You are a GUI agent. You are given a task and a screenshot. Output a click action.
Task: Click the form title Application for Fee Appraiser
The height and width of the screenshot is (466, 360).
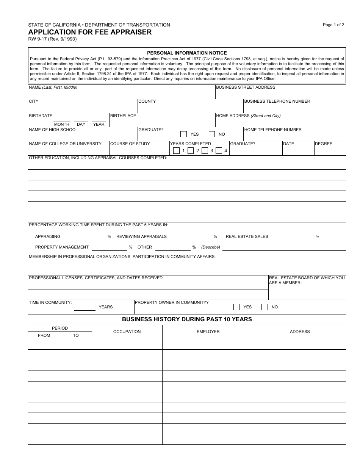click(x=90, y=32)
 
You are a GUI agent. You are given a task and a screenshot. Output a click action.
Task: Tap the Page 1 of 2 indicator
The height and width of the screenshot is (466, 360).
click(x=333, y=25)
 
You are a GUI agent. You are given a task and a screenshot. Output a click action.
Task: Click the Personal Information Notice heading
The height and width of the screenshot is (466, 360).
click(x=187, y=53)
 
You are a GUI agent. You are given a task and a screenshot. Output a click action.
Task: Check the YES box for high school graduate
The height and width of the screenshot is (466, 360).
click(x=184, y=134)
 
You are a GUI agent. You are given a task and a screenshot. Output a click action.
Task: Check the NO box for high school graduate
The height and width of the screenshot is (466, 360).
click(x=212, y=134)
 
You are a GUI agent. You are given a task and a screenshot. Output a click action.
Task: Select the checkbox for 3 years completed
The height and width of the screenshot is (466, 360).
click(x=205, y=151)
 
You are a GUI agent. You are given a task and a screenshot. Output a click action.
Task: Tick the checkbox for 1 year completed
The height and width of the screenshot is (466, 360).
click(x=176, y=151)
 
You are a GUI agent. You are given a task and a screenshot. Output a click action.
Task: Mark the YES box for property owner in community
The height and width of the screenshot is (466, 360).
click(x=236, y=307)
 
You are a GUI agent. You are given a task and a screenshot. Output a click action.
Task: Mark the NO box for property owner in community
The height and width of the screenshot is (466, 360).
click(x=265, y=307)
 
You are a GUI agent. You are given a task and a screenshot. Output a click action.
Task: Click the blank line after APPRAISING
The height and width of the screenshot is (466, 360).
click(x=85, y=237)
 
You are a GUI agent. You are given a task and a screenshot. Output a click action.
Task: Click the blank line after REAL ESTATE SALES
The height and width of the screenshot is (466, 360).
click(x=293, y=237)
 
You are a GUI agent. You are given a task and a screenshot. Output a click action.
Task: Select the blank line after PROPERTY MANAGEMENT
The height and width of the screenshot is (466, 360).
click(x=109, y=248)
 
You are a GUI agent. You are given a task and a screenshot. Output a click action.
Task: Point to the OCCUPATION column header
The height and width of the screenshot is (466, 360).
click(x=127, y=332)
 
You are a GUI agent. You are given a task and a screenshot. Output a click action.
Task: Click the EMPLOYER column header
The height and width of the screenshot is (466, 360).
click(x=208, y=332)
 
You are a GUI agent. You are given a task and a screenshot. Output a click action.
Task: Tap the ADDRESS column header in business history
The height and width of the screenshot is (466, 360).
click(x=300, y=332)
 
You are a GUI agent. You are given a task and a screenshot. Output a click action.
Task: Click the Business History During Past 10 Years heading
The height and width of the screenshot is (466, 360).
click(x=187, y=319)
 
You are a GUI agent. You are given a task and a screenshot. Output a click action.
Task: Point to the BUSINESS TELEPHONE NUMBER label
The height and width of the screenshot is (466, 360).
click(x=277, y=102)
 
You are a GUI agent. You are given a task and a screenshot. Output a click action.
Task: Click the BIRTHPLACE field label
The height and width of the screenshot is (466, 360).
click(x=123, y=116)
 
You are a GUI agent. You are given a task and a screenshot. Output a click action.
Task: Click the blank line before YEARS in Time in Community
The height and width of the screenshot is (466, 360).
click(x=85, y=308)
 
